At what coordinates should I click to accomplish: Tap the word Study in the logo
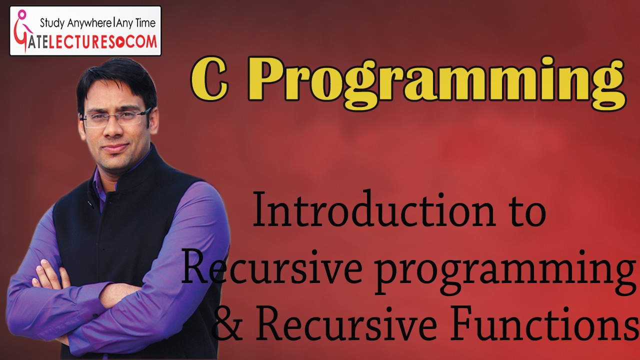[x=52, y=22]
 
